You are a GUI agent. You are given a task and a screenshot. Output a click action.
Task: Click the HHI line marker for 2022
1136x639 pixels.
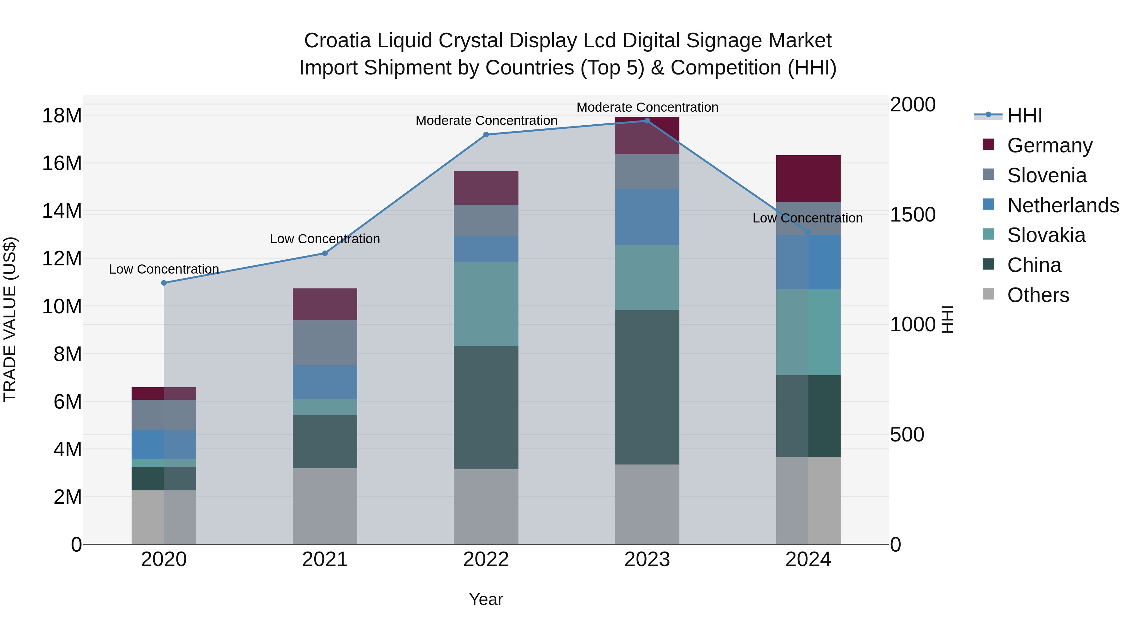click(486, 134)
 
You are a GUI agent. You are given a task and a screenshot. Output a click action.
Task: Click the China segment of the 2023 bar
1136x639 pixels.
click(647, 387)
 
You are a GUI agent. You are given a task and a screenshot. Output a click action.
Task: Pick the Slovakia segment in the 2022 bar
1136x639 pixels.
click(486, 304)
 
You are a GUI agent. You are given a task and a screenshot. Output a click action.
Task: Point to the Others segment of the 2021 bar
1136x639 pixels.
click(325, 506)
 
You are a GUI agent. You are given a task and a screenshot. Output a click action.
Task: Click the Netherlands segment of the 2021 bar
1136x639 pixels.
click(325, 382)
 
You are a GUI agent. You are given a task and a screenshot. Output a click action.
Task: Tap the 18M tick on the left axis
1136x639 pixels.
click(62, 116)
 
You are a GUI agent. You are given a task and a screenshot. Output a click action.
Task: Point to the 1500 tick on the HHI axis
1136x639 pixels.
click(912, 215)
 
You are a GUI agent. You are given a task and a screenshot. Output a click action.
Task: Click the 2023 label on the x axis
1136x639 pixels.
click(647, 559)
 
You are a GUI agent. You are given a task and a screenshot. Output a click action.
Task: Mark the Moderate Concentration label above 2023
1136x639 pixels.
click(647, 107)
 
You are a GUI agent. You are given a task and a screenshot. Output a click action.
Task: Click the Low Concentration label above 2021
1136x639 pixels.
click(325, 239)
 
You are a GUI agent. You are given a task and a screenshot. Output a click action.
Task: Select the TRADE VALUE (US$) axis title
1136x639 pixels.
click(10, 319)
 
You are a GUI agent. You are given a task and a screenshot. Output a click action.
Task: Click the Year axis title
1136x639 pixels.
click(486, 599)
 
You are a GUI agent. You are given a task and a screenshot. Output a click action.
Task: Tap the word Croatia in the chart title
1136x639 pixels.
click(337, 41)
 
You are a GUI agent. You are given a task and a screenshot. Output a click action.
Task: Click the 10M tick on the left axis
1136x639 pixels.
click(62, 306)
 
